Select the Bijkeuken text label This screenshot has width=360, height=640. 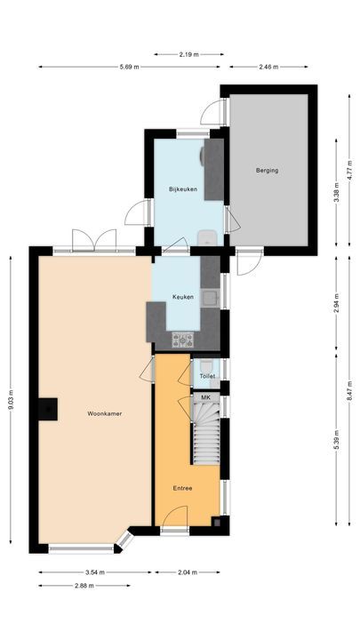(183, 188)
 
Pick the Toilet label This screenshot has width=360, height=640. (206, 377)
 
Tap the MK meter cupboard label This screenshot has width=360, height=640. (206, 397)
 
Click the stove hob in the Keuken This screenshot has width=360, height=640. (183, 339)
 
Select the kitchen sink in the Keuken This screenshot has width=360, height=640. (212, 298)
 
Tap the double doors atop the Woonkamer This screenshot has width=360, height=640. (94, 240)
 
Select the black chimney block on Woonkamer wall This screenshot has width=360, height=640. (48, 408)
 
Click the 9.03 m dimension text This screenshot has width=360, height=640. (10, 400)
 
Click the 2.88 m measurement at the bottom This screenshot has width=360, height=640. (84, 586)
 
